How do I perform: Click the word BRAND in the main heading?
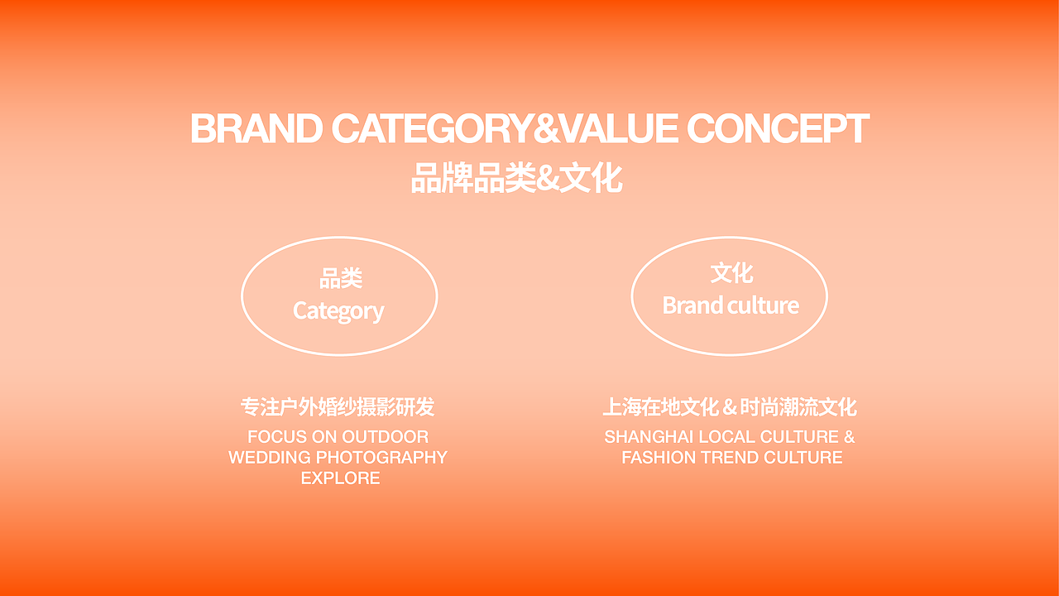pyautogui.click(x=256, y=129)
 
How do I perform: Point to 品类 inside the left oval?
pyautogui.click(x=340, y=279)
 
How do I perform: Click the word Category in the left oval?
pyautogui.click(x=338, y=311)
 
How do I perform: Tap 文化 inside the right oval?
pyautogui.click(x=731, y=273)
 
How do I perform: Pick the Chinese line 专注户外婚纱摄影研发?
pyautogui.click(x=338, y=407)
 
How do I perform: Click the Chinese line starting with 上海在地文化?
pyautogui.click(x=730, y=407)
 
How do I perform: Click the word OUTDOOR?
pyautogui.click(x=386, y=436)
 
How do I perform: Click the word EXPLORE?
pyautogui.click(x=340, y=478)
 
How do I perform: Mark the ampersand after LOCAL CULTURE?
pyautogui.click(x=849, y=436)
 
